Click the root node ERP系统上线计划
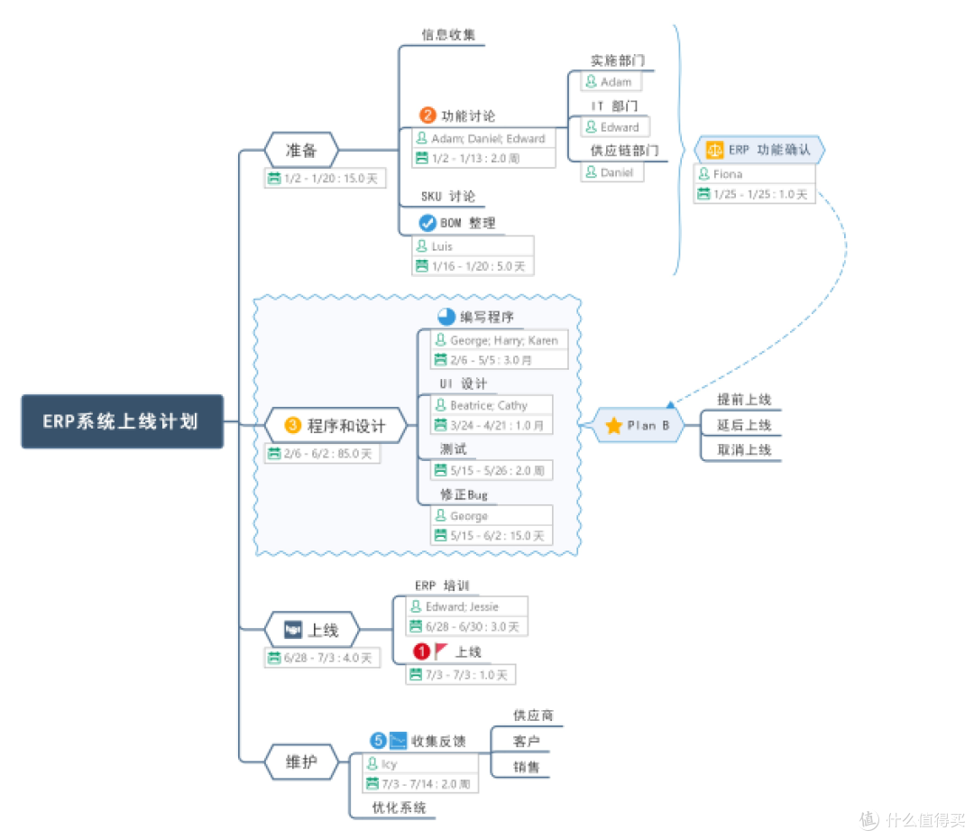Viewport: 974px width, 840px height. (122, 421)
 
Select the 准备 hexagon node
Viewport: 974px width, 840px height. (301, 151)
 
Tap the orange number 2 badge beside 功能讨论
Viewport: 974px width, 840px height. (427, 115)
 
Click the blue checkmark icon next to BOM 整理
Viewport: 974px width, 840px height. (427, 223)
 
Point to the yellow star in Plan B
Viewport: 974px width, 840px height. (613, 426)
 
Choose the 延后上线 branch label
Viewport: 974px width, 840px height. (744, 425)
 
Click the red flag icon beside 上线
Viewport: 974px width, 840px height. (442, 651)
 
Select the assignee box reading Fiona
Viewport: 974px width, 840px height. (754, 173)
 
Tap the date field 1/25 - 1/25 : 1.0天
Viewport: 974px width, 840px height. (754, 194)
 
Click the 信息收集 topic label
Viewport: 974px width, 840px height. (448, 35)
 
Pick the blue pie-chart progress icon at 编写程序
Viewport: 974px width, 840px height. (446, 317)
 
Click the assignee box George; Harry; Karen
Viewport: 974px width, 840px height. (499, 340)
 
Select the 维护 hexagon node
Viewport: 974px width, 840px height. (301, 762)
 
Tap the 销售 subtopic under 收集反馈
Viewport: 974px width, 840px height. (527, 767)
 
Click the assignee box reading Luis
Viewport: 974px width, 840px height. (473, 245)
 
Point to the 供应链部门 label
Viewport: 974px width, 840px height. (625, 150)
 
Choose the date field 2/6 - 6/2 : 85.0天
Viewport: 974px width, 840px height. (322, 454)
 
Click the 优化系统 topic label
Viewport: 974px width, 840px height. (400, 808)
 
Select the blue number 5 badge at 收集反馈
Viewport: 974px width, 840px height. (379, 741)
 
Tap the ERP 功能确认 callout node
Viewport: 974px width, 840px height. (759, 150)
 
